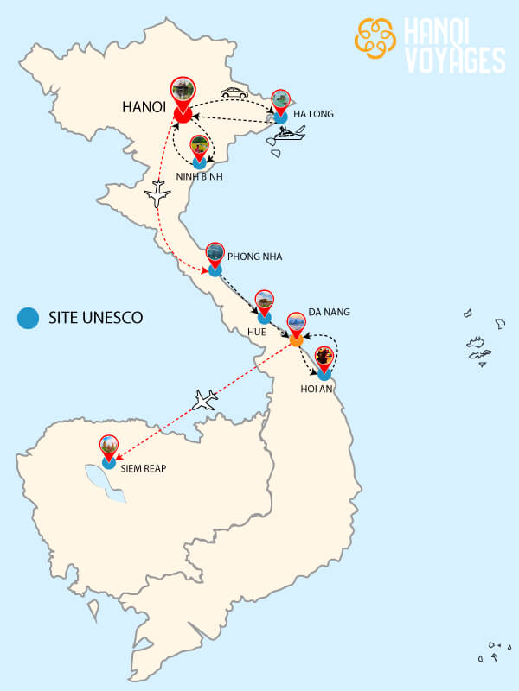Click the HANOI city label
(142, 110)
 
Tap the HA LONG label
(314, 114)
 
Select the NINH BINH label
(199, 177)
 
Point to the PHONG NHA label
(254, 257)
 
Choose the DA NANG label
(328, 311)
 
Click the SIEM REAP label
(144, 468)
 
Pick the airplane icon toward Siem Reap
(204, 399)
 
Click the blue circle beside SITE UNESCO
(29, 318)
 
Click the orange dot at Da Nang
(296, 340)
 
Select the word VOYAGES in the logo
(453, 60)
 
